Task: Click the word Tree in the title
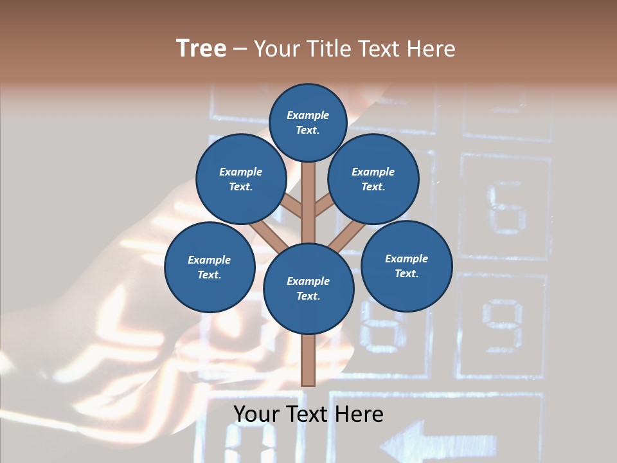tap(201, 48)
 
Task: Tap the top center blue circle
tap(308, 122)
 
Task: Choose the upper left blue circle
tap(241, 179)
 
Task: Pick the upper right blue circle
tap(373, 179)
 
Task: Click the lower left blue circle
tap(210, 267)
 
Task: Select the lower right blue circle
tap(407, 266)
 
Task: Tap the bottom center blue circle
tap(308, 289)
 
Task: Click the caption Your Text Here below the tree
tap(308, 414)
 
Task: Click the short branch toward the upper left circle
tap(293, 207)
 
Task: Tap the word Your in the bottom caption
tap(257, 414)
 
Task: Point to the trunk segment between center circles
tap(308, 199)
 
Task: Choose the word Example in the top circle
tap(308, 116)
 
